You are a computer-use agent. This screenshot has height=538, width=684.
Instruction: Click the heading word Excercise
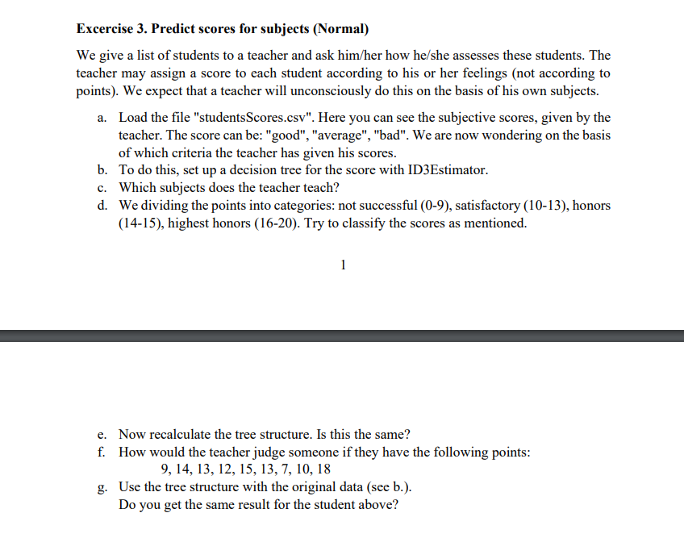coord(107,30)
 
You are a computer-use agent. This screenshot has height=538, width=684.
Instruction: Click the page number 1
coord(343,264)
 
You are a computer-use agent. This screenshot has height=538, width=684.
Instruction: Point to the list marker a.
coord(102,118)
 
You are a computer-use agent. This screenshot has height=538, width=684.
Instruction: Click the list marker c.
coord(102,188)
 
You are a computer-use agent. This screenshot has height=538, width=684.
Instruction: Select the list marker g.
coord(102,487)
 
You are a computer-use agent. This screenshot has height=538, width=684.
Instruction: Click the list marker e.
coord(102,434)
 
